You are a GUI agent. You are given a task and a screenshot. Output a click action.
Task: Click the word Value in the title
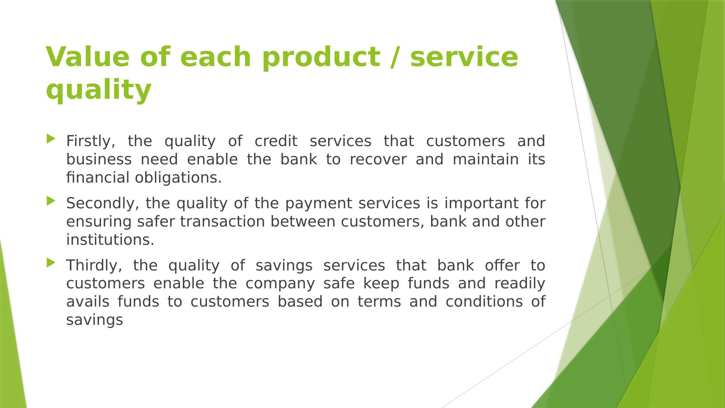point(87,57)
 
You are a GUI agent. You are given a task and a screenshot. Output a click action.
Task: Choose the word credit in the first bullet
point(276,141)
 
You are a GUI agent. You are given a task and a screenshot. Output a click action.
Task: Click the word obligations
point(178,178)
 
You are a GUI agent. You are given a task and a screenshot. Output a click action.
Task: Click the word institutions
point(110,240)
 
